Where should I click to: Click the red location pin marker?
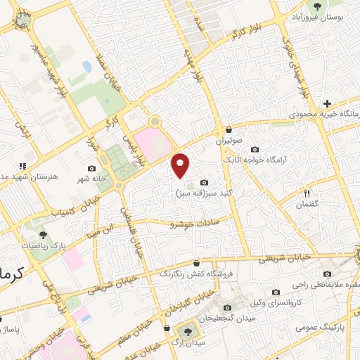181,165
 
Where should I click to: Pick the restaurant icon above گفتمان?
307,193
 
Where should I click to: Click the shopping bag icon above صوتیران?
230,129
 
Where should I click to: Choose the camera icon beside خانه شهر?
92,168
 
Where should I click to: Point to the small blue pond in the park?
86,66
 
